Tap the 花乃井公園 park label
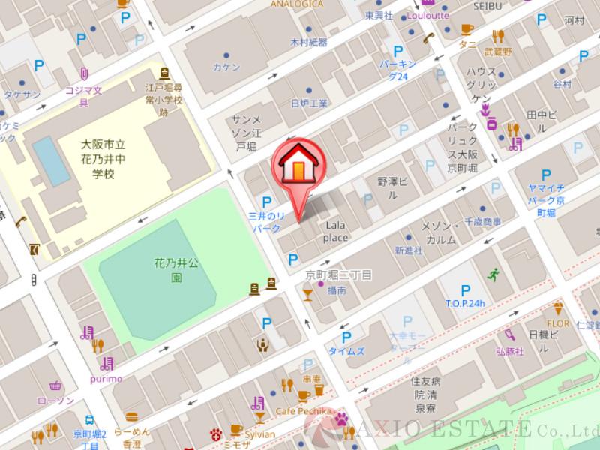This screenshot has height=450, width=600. click(x=176, y=270)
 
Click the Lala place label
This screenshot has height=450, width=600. click(x=335, y=231)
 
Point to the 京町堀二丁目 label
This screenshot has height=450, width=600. click(x=338, y=275)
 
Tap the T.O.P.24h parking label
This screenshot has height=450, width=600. click(x=465, y=303)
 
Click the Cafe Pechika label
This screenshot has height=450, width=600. click(x=304, y=410)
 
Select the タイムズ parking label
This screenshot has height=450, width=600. click(x=346, y=350)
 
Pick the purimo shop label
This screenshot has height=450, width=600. click(x=106, y=378)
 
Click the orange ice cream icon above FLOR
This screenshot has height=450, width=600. click(x=557, y=307)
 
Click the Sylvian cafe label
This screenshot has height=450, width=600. click(x=259, y=433)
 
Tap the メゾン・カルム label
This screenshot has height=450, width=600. click(x=439, y=232)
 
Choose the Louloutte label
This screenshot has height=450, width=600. click(x=427, y=15)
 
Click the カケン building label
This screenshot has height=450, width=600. click(x=226, y=67)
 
